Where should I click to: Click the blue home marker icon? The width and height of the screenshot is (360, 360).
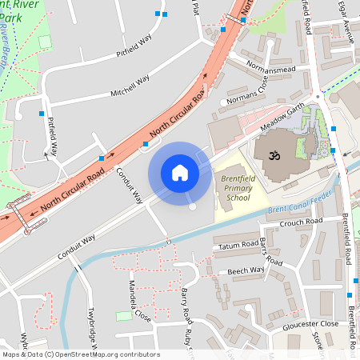tap(180, 173)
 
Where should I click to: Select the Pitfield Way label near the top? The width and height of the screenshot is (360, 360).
tap(134, 47)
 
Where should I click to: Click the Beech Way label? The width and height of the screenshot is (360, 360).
tap(246, 270)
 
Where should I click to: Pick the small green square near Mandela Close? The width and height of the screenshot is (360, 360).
tap(123, 316)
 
